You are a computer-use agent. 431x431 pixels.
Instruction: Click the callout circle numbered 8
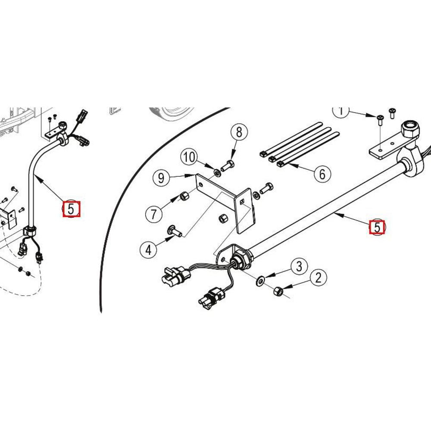pos(239,132)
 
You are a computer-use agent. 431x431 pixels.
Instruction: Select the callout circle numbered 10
pos(189,157)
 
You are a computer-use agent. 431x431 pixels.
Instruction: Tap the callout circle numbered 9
pos(161,178)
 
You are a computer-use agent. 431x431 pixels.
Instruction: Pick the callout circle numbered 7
pos(154,214)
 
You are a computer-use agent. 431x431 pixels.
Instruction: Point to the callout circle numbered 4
pos(148,250)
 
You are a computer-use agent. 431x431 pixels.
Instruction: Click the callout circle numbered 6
pos(322,174)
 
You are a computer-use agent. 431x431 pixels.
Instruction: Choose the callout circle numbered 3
pos(299,266)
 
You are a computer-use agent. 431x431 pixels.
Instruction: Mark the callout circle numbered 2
pos(319,278)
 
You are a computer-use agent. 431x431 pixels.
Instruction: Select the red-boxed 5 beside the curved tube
pos(72,209)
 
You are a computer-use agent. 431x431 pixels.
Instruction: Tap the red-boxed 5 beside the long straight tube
pos(377,227)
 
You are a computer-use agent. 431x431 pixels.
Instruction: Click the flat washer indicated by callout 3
pos(260,281)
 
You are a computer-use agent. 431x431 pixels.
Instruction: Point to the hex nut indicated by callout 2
pos(278,291)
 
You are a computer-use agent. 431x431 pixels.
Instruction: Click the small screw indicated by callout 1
pos(380,120)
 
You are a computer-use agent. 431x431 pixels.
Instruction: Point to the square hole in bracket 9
pos(242,202)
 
